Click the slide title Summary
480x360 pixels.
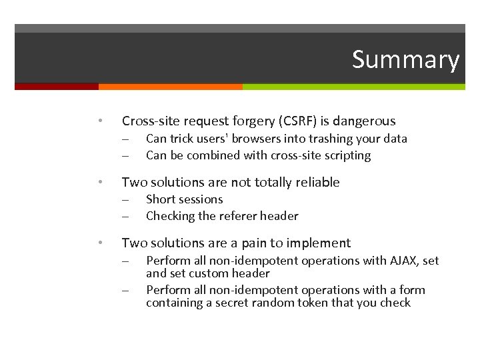point(405,60)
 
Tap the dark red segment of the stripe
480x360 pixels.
point(56,87)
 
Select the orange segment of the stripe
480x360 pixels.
point(170,87)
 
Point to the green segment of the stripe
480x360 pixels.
point(353,87)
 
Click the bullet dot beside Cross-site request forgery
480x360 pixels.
point(99,121)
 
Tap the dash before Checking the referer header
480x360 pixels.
point(125,216)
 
